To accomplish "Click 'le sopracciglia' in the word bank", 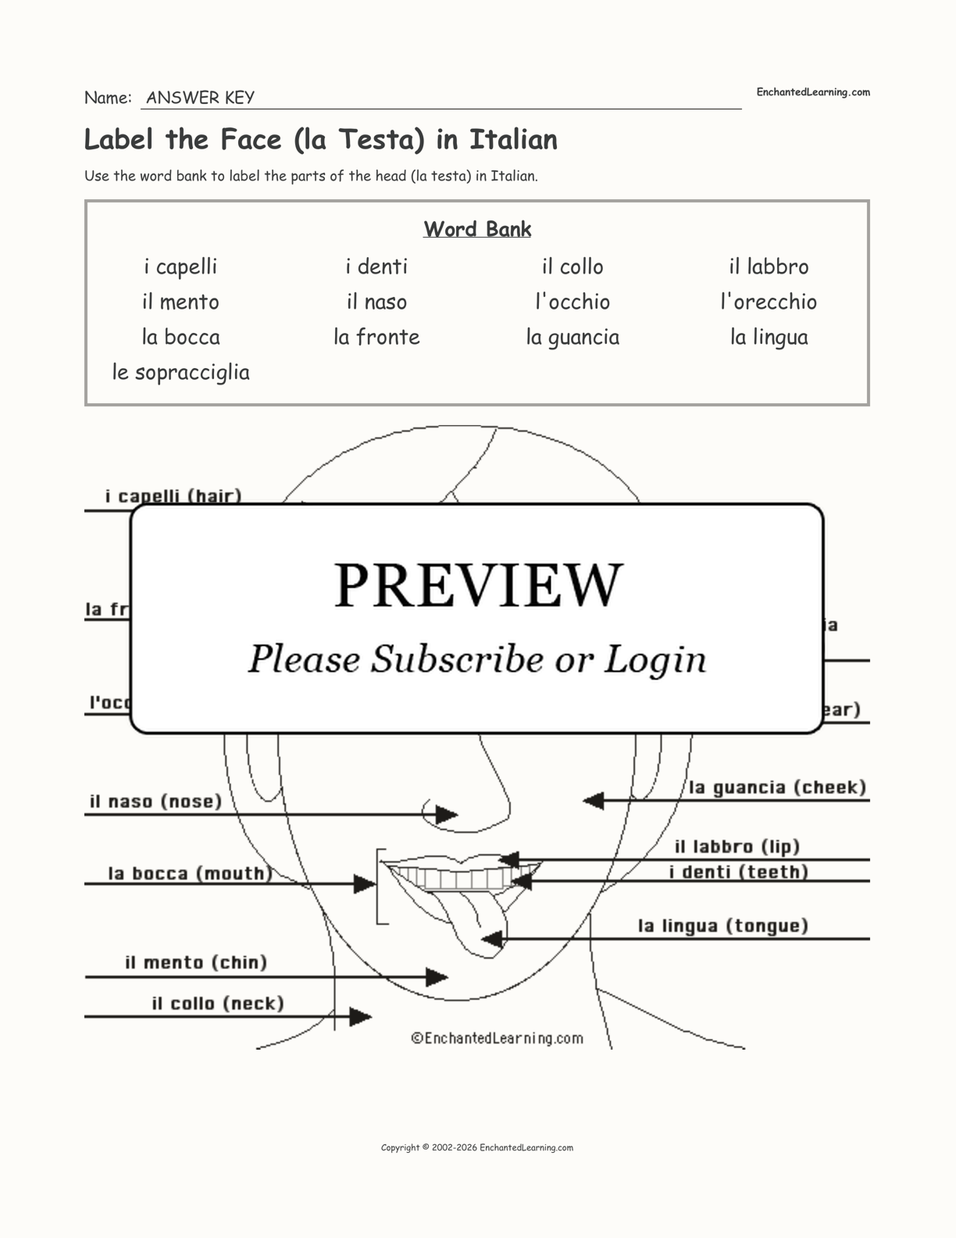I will click(x=180, y=372).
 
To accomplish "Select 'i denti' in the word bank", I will click(x=376, y=267).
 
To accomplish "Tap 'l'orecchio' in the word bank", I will click(x=768, y=302).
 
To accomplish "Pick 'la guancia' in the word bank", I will click(x=573, y=337).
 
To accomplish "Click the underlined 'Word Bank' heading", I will click(x=477, y=229).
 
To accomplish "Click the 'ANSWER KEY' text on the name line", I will click(x=200, y=98).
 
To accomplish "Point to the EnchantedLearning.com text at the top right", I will click(x=812, y=92).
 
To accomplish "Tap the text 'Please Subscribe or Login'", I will click(x=477, y=659).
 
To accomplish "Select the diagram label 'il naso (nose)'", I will click(x=155, y=801).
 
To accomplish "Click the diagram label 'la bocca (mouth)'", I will click(x=190, y=873).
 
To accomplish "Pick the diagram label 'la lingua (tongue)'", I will click(x=722, y=926).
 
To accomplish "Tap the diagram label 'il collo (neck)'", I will click(x=217, y=1004).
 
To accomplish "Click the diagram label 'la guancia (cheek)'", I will click(x=777, y=787).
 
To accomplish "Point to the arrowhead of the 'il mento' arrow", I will click(x=438, y=977).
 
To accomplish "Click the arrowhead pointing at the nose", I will click(x=447, y=814).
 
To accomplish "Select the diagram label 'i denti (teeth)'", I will click(x=738, y=872).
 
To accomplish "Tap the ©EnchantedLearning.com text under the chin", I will click(x=497, y=1038).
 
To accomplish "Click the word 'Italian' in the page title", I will click(x=513, y=140).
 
